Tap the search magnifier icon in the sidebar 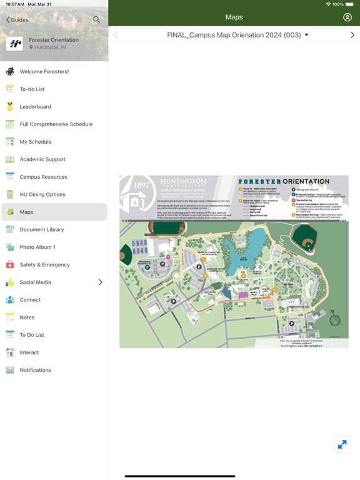pyautogui.click(x=96, y=19)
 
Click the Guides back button pyautogui.click(x=17, y=20)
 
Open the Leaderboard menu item pyautogui.click(x=36, y=107)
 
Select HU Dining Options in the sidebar pyautogui.click(x=42, y=194)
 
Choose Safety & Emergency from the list pyautogui.click(x=44, y=265)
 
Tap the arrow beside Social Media pyautogui.click(x=101, y=282)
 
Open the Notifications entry pyautogui.click(x=35, y=370)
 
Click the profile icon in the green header pyautogui.click(x=347, y=17)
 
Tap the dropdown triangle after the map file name pyautogui.click(x=307, y=36)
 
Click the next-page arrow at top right pyautogui.click(x=352, y=36)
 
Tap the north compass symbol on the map pyautogui.click(x=335, y=320)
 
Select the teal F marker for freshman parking pyautogui.click(x=147, y=267)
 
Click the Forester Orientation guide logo pyautogui.click(x=14, y=43)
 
